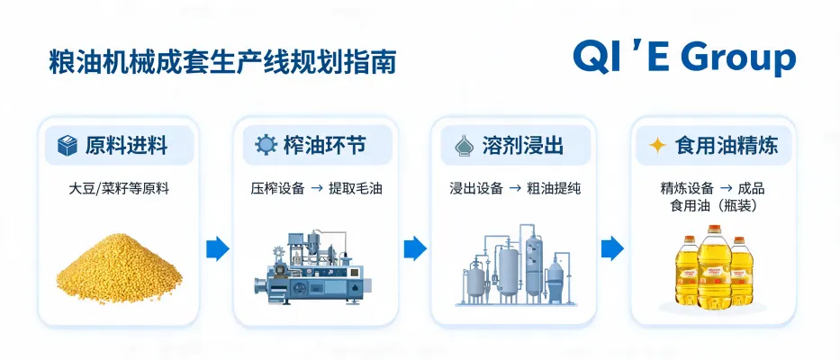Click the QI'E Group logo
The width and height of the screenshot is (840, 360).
684,57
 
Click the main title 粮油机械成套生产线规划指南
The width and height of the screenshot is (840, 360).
222,62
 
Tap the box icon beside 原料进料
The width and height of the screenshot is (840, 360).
68,145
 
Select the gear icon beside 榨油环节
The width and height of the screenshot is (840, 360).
266,145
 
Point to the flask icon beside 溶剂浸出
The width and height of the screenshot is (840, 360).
464,145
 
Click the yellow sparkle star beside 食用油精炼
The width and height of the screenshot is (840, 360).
657,145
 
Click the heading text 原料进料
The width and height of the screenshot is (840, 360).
126,145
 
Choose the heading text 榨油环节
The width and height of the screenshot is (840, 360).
325,145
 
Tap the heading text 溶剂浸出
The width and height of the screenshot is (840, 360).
522,145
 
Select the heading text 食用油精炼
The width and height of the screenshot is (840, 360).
727,145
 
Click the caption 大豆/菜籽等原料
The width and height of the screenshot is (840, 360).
119,189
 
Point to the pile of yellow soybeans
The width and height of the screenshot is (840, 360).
119,268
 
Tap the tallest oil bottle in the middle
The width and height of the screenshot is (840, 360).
714,266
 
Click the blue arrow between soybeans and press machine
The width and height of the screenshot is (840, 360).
218,248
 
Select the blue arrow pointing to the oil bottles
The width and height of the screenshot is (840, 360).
612,248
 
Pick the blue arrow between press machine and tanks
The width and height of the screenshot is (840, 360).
415,248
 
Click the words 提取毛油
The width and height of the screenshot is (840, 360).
356,189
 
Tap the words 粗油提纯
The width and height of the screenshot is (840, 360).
554,189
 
